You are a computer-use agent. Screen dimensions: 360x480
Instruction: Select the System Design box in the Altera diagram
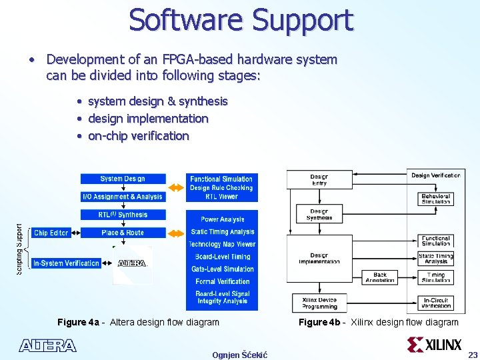tap(123, 179)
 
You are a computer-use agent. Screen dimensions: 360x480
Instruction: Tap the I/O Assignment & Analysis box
tap(123, 197)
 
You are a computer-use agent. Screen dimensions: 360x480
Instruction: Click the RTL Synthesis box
tap(123, 215)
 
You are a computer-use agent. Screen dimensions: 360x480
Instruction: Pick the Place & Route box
tap(123, 233)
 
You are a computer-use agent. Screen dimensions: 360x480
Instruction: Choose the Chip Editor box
tap(51, 233)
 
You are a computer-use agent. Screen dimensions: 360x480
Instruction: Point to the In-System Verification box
tap(66, 263)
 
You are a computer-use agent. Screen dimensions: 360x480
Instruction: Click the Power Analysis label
tap(222, 219)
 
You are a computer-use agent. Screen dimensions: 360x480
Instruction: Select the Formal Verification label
tap(222, 281)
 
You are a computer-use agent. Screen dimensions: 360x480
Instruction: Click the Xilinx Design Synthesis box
tap(319, 215)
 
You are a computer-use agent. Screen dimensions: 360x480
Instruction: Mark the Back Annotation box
tap(380, 277)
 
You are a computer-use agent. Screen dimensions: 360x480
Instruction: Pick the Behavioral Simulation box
tap(436, 199)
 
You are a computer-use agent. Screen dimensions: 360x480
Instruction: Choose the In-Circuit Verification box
tap(436, 303)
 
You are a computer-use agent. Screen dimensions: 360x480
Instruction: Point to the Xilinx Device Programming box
tap(319, 303)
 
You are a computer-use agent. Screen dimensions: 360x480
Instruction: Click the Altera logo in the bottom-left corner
tap(47, 345)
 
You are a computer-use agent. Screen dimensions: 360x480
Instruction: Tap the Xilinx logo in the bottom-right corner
tap(434, 345)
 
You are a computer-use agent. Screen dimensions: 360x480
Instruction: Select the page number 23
tap(473, 355)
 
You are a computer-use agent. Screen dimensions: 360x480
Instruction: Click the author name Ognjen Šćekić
tap(239, 355)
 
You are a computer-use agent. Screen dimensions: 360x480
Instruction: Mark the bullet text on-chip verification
tap(138, 136)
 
